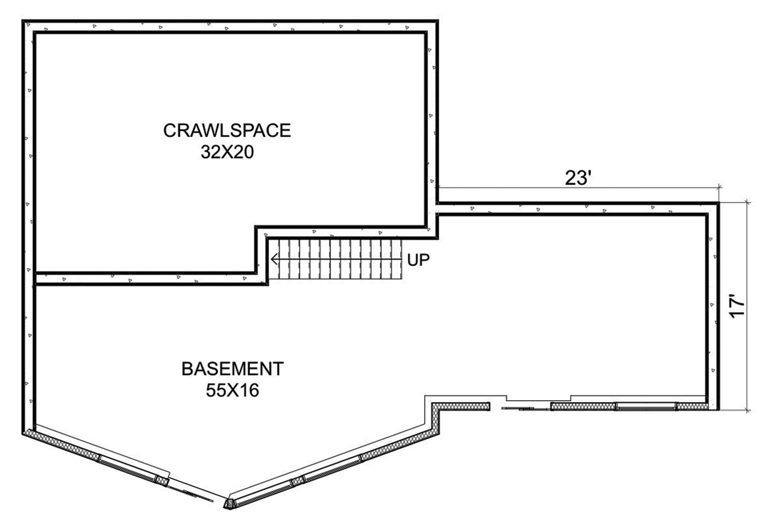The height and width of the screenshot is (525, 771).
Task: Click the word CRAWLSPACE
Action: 227,131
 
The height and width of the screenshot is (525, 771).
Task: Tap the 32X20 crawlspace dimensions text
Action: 227,152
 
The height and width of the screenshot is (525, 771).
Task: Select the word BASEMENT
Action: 232,369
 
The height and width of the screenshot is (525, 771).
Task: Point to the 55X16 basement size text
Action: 232,390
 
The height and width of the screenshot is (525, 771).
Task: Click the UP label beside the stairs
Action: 419,260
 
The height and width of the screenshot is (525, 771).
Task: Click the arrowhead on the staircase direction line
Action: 275,259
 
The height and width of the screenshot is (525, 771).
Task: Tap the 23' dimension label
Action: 578,178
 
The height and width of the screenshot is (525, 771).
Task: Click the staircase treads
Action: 335,259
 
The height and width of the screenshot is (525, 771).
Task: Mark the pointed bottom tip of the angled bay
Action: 228,509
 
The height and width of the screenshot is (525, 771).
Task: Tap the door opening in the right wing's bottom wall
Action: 520,407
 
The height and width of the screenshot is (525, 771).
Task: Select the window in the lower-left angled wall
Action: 128,468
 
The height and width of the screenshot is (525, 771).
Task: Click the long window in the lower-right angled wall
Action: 332,468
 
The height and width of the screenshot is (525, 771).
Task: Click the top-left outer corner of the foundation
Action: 22,20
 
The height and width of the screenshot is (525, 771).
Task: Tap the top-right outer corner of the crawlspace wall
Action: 438,20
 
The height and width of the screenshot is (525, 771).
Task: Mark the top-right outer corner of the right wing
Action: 719,202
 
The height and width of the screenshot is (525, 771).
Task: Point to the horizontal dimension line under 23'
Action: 578,188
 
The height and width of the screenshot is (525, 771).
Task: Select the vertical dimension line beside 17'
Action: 747,306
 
